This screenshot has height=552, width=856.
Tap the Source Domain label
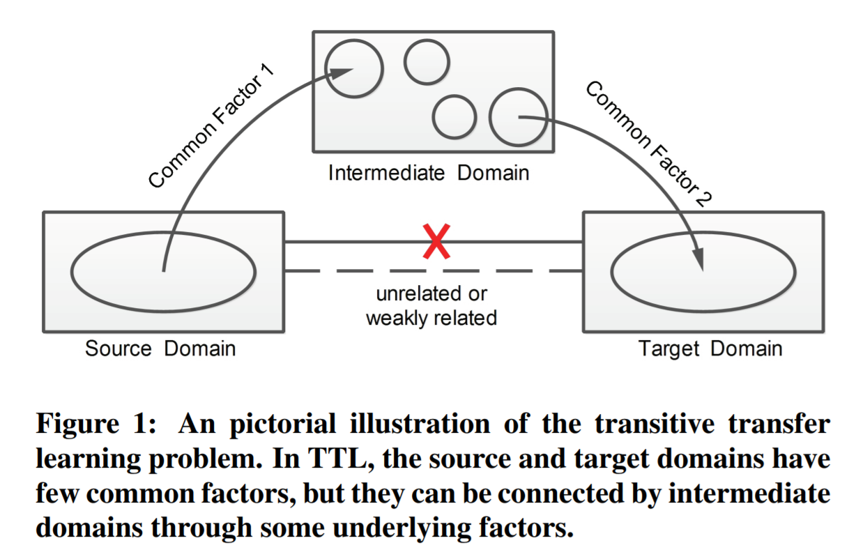point(160,348)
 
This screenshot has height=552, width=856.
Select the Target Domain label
point(710,348)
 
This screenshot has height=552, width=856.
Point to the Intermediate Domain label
point(429,172)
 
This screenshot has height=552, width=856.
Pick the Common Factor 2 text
point(648,144)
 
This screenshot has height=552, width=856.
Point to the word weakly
point(398,319)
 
